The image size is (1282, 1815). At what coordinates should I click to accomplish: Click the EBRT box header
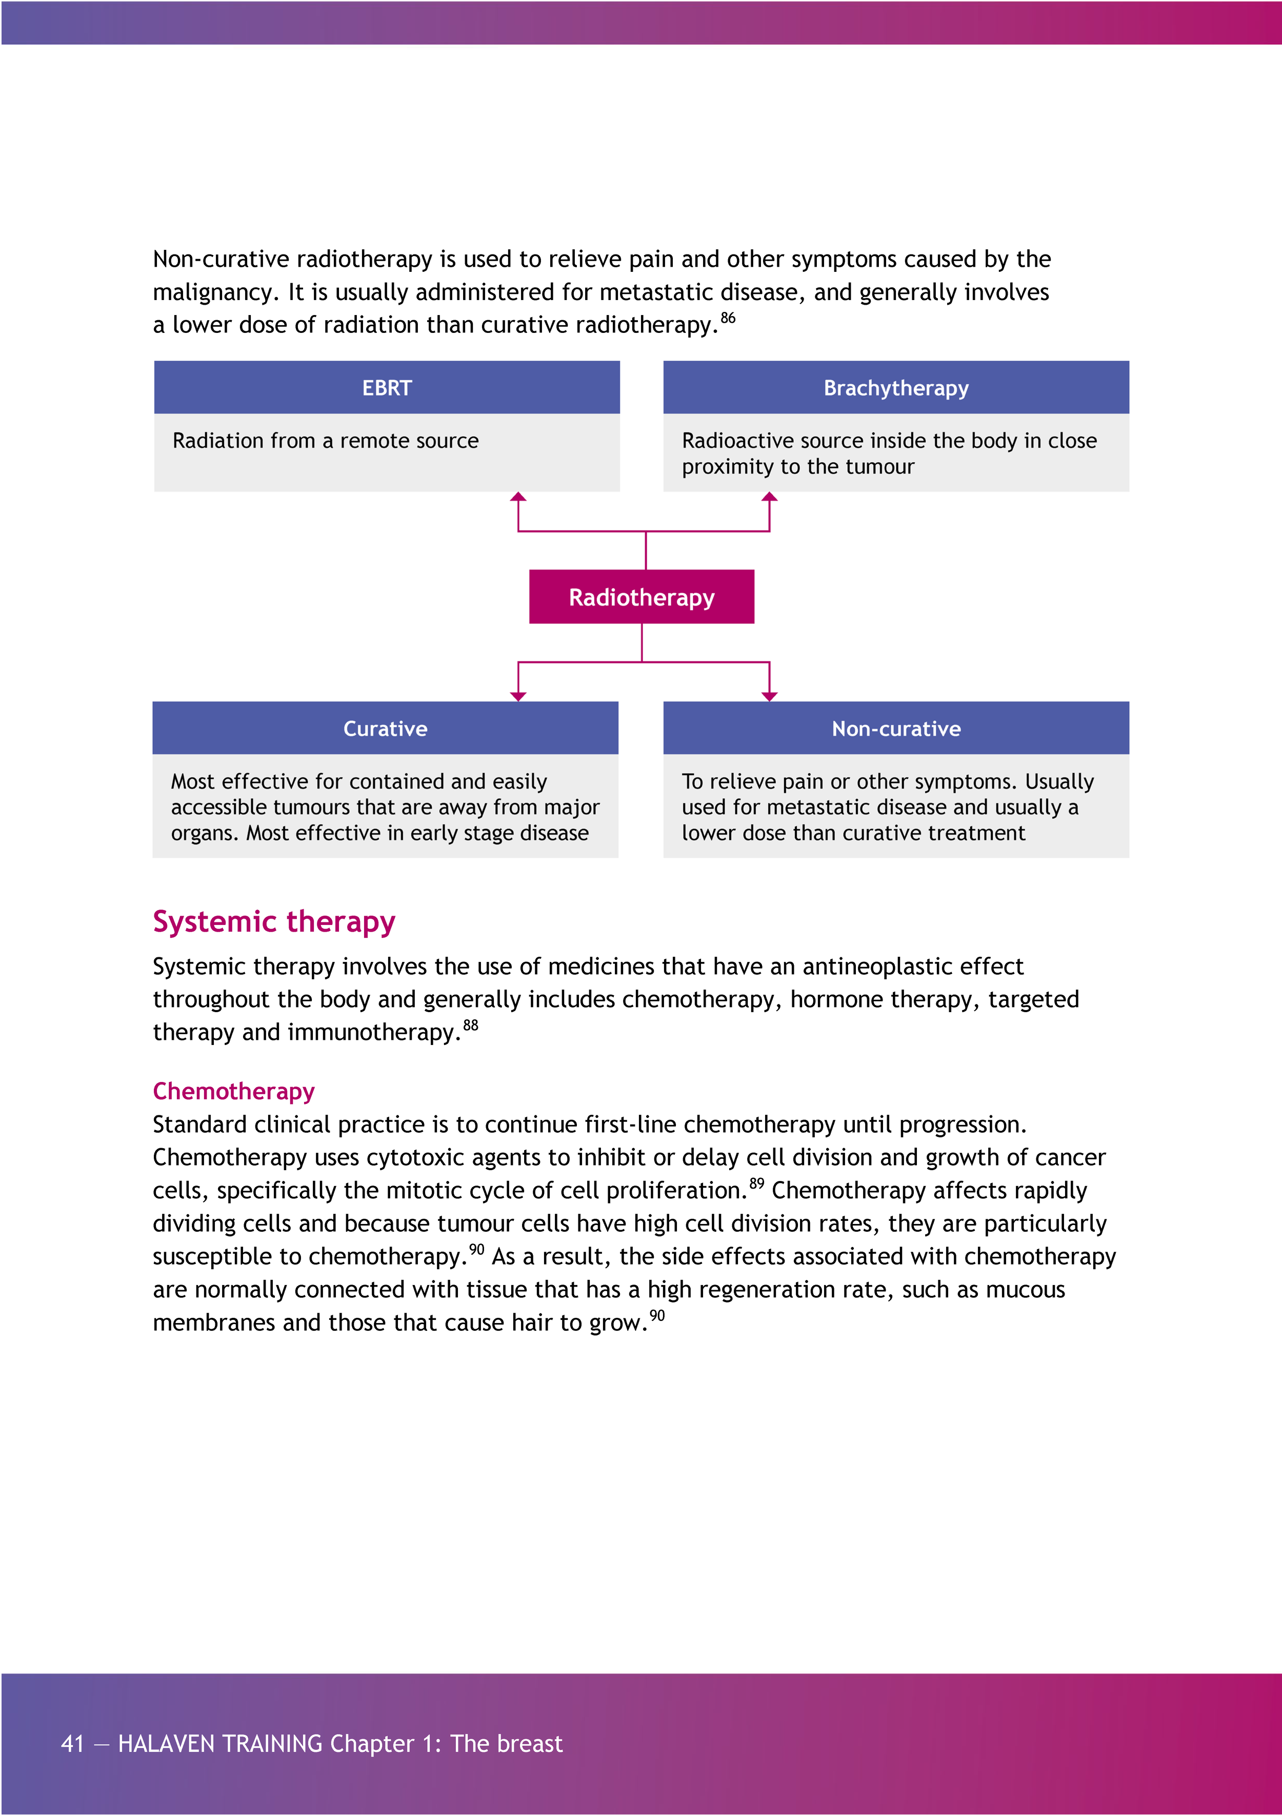387,387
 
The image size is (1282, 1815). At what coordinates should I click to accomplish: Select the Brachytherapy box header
895,387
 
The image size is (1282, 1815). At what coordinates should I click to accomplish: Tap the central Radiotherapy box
641,597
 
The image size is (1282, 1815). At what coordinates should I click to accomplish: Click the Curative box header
385,728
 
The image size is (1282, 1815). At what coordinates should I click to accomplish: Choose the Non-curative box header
895,728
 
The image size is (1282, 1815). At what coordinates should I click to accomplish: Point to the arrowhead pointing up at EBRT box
518,497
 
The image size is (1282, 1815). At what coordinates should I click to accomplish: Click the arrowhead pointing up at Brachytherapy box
769,497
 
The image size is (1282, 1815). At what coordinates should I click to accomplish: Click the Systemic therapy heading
273,922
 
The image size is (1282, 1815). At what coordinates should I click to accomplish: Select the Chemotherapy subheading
233,1091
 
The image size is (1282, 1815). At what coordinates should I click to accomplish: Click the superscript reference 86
728,318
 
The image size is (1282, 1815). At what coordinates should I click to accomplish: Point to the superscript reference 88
470,1025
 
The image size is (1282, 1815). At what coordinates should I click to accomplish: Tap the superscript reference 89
756,1183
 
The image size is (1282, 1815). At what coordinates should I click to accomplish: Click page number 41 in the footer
73,1743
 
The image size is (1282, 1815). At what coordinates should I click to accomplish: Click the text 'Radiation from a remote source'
325,440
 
